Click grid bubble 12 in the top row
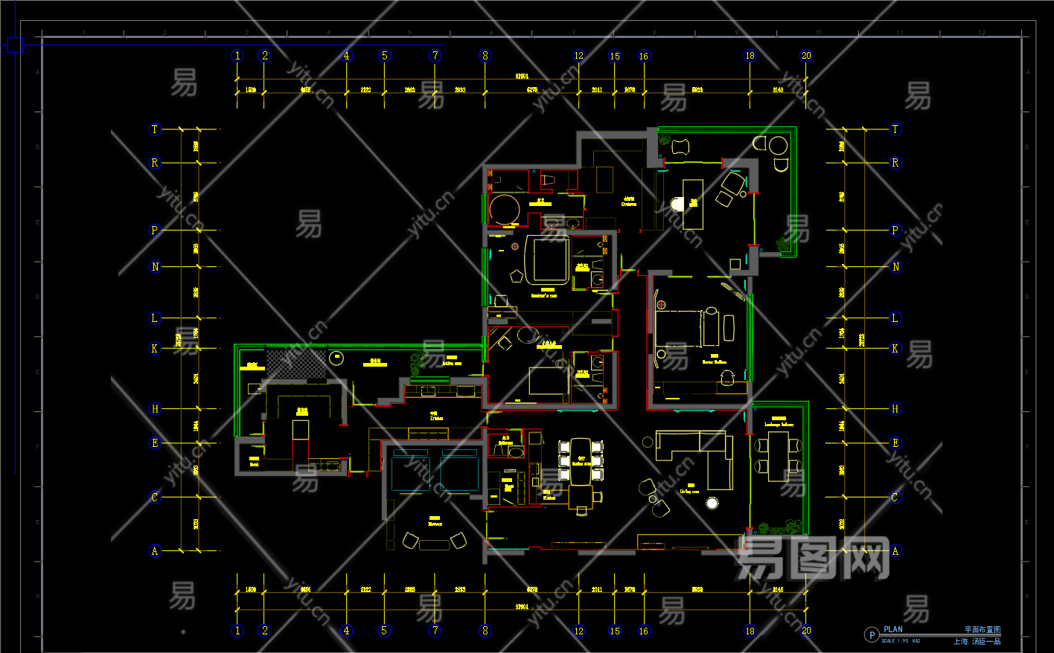pyautogui.click(x=579, y=56)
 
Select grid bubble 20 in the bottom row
pyautogui.click(x=806, y=631)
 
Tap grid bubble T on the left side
pyautogui.click(x=155, y=129)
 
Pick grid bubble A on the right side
pyautogui.click(x=895, y=551)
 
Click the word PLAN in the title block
pyautogui.click(x=893, y=629)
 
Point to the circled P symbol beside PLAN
pyautogui.click(x=871, y=635)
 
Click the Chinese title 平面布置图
pyautogui.click(x=983, y=630)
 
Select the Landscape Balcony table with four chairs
pyautogui.click(x=779, y=456)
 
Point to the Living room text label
pyautogui.click(x=689, y=492)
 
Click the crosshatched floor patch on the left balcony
pyautogui.click(x=297, y=364)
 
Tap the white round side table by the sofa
pyautogui.click(x=712, y=504)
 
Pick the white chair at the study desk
pyautogui.click(x=677, y=204)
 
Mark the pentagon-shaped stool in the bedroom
pyautogui.click(x=517, y=276)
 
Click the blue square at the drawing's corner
pyautogui.click(x=15, y=45)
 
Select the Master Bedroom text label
pyautogui.click(x=714, y=362)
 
